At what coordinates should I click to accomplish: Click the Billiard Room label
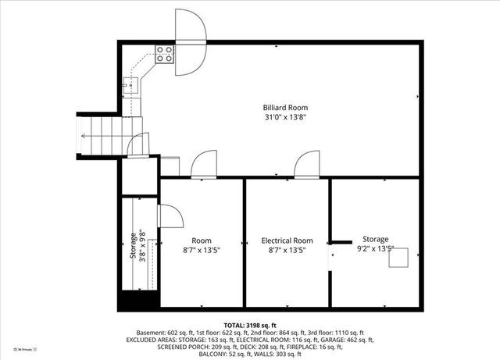click(x=285, y=107)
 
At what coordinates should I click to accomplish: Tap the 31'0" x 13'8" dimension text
click(x=285, y=117)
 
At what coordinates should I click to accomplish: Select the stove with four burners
click(x=164, y=54)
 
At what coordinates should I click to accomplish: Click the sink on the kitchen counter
click(x=130, y=85)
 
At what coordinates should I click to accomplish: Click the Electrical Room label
click(x=287, y=241)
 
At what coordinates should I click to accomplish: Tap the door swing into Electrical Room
click(x=307, y=165)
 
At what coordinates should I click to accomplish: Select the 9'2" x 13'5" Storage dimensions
click(x=375, y=250)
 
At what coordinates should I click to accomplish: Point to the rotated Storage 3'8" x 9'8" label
click(x=137, y=245)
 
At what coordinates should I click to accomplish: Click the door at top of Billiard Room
click(x=190, y=42)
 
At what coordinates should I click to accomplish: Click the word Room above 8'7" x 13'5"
click(x=202, y=241)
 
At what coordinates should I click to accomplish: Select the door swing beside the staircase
click(x=138, y=144)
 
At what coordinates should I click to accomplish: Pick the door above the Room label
click(x=204, y=165)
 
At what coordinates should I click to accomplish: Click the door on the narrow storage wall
click(x=169, y=216)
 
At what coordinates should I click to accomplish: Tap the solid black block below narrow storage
click(x=138, y=300)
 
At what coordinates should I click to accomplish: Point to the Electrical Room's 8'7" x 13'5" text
click(x=287, y=251)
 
